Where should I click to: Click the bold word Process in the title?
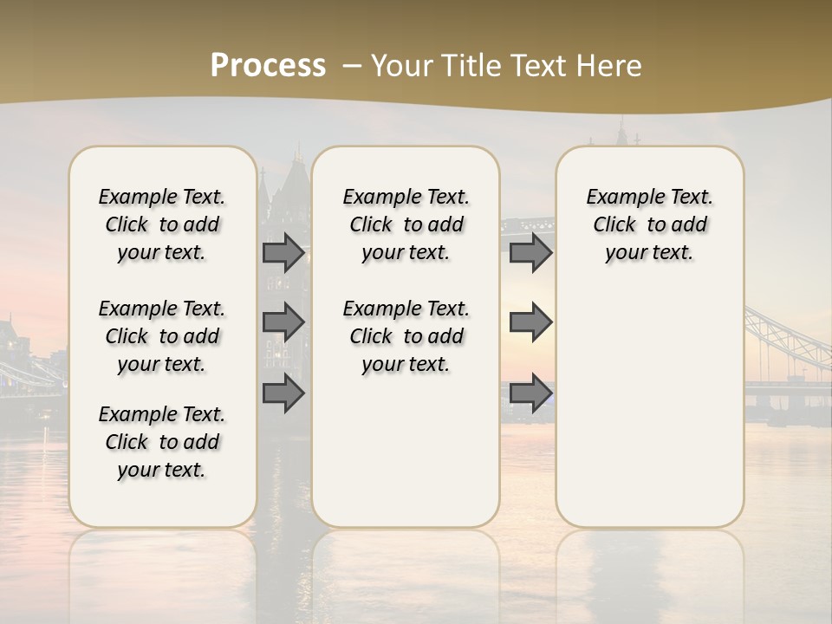(x=268, y=66)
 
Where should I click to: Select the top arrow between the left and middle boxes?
(x=283, y=253)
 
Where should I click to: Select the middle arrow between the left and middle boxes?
(x=283, y=322)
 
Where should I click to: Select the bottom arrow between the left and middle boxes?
(x=283, y=393)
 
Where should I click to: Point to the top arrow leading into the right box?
(x=530, y=253)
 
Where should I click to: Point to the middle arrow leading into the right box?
(x=530, y=322)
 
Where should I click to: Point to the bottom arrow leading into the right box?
(x=530, y=393)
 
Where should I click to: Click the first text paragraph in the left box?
(x=162, y=224)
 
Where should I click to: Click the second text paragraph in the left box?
(x=162, y=336)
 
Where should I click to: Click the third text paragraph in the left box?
(x=162, y=442)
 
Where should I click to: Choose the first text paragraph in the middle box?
(x=406, y=224)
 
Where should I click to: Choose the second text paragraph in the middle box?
(x=406, y=336)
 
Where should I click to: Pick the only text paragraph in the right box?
(x=650, y=224)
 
